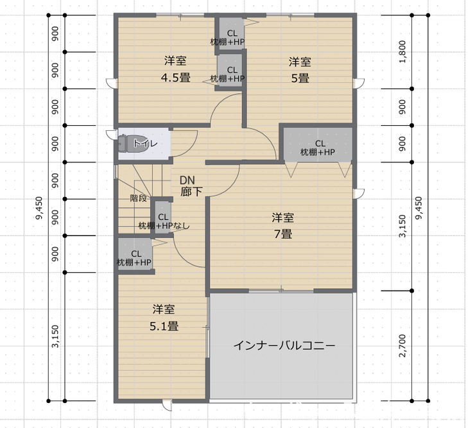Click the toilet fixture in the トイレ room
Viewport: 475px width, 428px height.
click(130, 143)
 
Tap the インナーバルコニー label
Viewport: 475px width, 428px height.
click(284, 345)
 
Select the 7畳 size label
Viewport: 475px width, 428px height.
click(283, 234)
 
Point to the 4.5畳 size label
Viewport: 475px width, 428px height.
click(175, 78)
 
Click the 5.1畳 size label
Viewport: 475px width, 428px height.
click(164, 326)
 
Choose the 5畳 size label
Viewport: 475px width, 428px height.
click(300, 78)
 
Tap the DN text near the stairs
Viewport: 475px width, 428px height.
click(187, 180)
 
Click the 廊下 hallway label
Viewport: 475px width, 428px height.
click(191, 192)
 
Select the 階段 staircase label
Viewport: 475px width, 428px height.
click(139, 198)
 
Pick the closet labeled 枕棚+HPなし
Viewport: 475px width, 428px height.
click(163, 217)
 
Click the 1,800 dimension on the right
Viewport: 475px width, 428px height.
click(402, 52)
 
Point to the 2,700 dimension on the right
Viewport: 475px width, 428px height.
click(402, 346)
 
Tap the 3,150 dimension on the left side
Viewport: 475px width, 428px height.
click(55, 336)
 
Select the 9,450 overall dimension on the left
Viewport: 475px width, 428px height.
click(39, 208)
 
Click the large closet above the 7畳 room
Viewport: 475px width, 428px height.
click(318, 144)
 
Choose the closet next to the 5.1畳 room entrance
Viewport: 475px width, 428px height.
click(135, 254)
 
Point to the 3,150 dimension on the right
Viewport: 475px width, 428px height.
click(402, 226)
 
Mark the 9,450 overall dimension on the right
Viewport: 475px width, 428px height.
click(419, 208)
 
